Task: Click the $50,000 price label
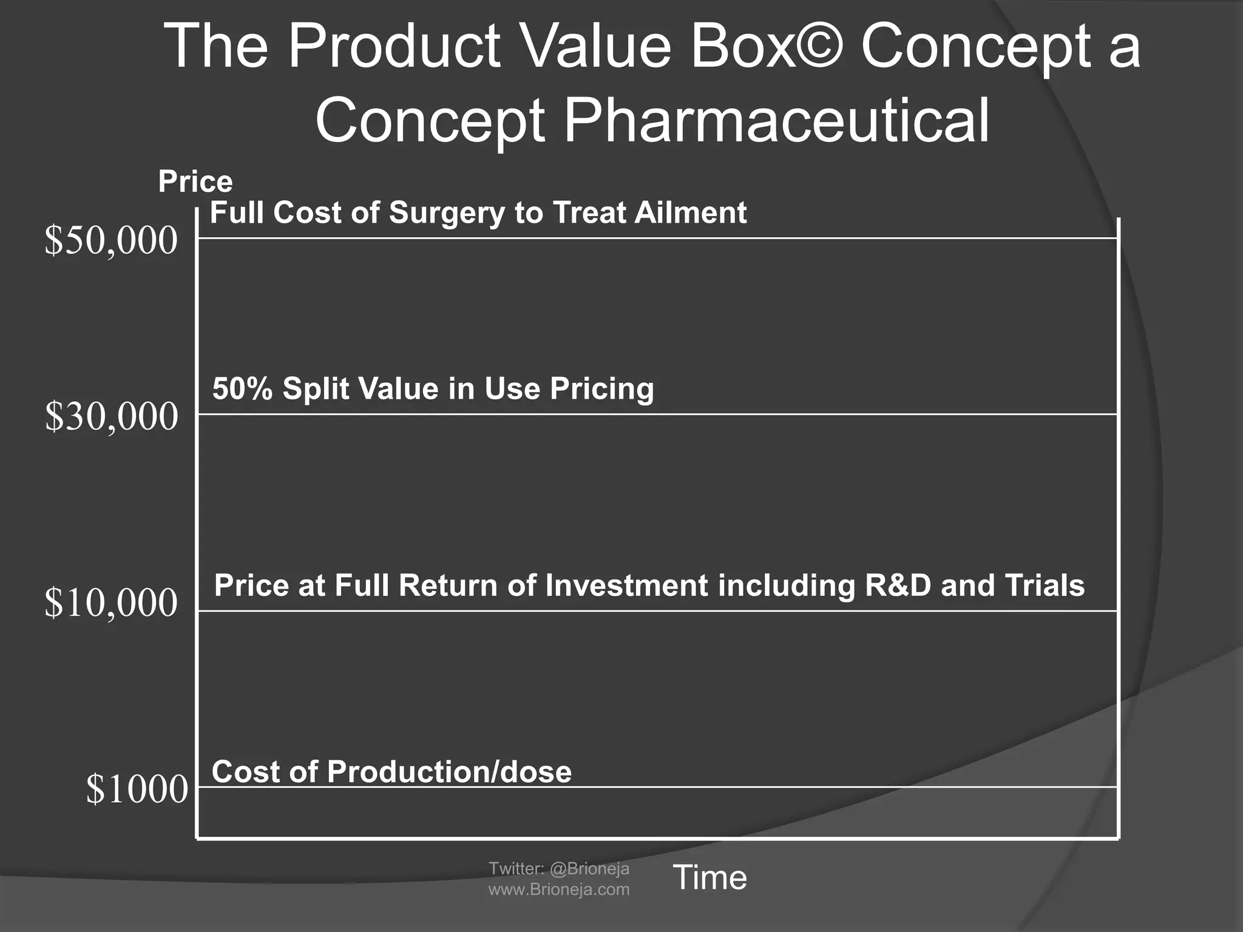(111, 241)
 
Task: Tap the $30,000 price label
(111, 417)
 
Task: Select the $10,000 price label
(111, 603)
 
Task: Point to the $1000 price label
(137, 789)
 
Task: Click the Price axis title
(195, 181)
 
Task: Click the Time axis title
(710, 877)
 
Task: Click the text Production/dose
(449, 772)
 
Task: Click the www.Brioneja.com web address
(559, 890)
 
